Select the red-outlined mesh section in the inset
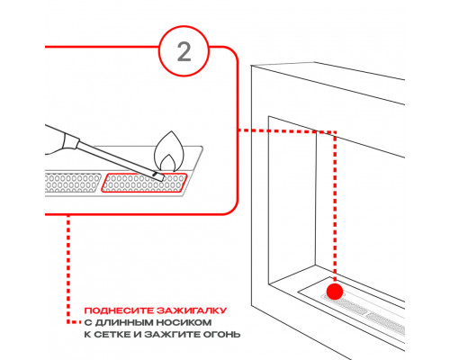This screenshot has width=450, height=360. pos(147,182)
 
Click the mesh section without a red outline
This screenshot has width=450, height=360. pos(70,184)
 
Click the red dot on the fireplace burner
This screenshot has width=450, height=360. pos(335,291)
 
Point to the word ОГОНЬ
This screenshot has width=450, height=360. pos(221,334)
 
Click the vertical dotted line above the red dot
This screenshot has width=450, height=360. pos(335,207)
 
